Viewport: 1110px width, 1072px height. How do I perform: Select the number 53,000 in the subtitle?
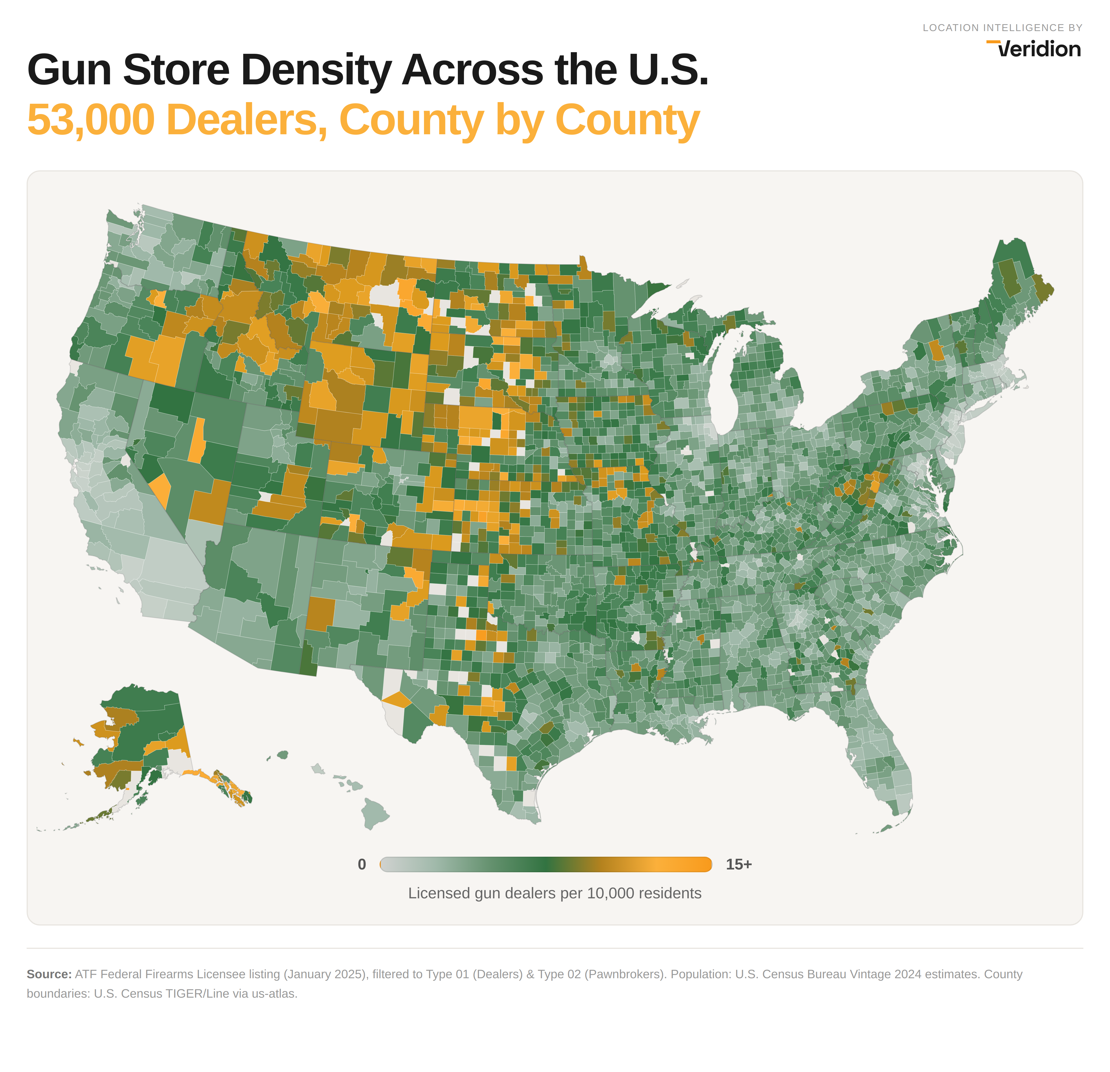[x=91, y=120]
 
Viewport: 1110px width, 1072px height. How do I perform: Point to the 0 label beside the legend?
[x=361, y=864]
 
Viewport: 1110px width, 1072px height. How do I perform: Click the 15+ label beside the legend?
[x=738, y=864]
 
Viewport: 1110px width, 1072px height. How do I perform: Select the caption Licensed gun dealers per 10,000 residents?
[x=554, y=893]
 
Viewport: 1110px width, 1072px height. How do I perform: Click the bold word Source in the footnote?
[x=49, y=974]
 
